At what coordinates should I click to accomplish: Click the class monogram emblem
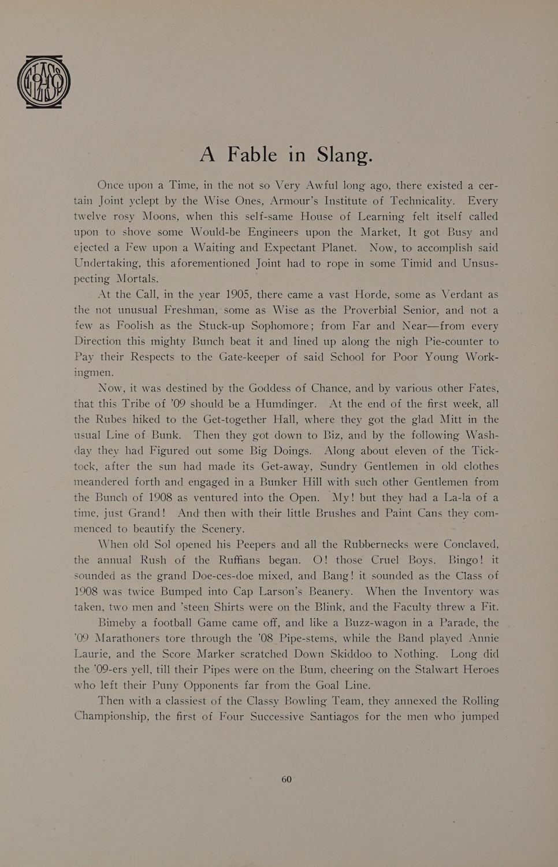[44, 81]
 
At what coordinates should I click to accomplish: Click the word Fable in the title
[252, 154]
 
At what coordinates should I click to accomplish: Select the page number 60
[287, 779]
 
